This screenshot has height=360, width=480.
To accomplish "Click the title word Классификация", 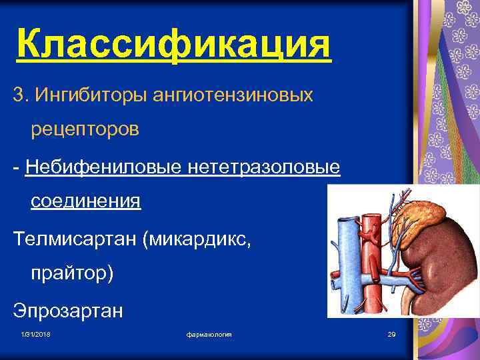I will [173, 45].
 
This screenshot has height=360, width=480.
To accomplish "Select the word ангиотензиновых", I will [233, 95].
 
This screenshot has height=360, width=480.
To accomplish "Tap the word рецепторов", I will [85, 129].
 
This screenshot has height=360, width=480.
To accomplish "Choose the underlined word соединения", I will [86, 201].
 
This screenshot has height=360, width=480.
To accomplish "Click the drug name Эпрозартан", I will [67, 310].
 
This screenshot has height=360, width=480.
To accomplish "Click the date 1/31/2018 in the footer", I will [35, 333].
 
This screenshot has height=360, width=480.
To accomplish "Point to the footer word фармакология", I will [209, 333].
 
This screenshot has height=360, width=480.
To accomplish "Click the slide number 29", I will [391, 333].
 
